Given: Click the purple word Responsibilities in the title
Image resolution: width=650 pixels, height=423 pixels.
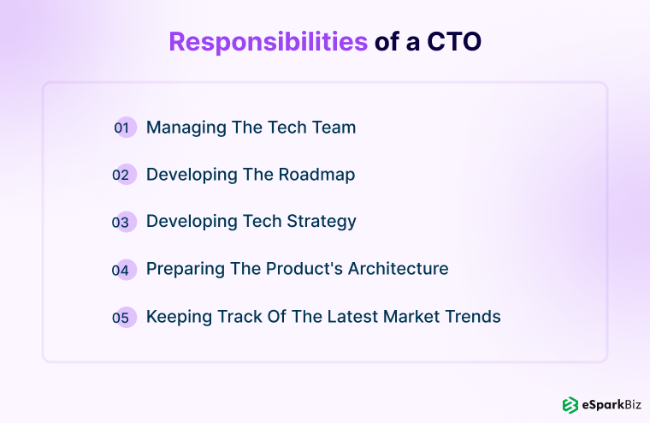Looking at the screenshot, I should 269,42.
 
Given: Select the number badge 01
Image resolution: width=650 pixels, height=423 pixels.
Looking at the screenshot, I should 124,128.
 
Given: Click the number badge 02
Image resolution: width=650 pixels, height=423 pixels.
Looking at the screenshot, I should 124,175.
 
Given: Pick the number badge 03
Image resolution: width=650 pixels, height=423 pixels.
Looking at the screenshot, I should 124,222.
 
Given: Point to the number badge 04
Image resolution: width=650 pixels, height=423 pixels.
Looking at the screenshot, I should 124,270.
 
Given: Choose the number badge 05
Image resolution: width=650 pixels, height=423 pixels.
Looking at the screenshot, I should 124,317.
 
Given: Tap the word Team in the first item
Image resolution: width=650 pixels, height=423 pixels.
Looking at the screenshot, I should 333,128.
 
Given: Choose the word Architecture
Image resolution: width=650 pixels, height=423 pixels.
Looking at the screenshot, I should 397,269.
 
